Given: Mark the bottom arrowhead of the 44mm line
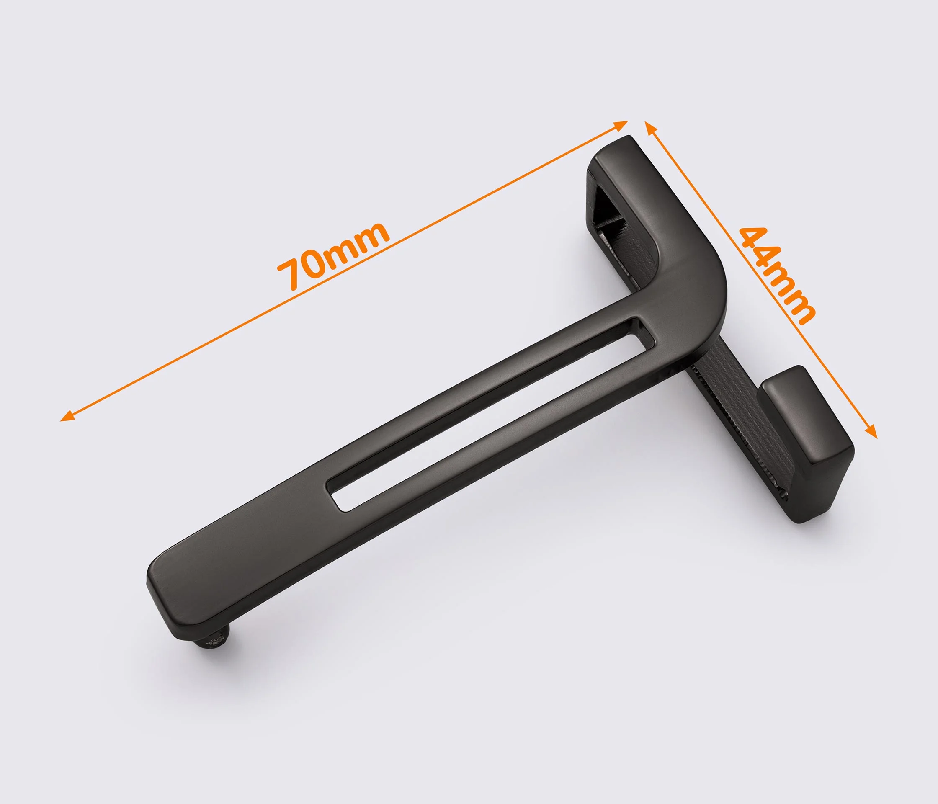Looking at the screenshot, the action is pos(871,430).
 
